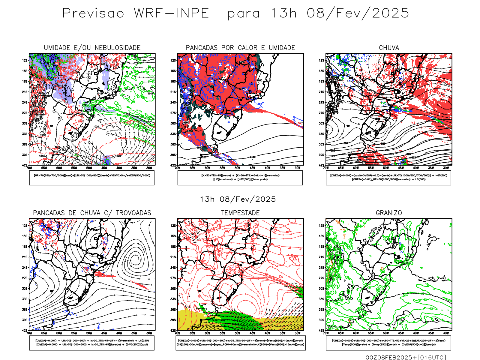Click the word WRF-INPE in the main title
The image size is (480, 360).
click(171, 13)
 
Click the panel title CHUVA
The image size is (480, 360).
click(389, 48)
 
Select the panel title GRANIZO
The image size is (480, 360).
click(389, 213)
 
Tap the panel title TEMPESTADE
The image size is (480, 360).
click(240, 213)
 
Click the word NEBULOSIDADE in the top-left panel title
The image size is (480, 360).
click(118, 48)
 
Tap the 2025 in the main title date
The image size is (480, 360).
click(391, 13)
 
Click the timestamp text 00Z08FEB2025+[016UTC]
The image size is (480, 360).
click(406, 357)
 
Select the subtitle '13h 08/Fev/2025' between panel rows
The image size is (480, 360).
click(238, 199)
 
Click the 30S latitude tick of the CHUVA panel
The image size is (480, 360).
click(322, 123)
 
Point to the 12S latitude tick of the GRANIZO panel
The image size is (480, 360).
click(322, 226)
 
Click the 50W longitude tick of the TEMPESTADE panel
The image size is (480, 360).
click(237, 333)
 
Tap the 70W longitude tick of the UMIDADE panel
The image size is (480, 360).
click(29, 168)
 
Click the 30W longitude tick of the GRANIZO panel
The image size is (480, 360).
click(446, 333)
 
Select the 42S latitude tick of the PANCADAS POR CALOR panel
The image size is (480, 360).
click(173, 165)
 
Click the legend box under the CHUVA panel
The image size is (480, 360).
click(388, 178)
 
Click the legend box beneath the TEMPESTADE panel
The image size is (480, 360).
click(240, 343)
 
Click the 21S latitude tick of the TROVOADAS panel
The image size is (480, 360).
click(25, 257)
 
